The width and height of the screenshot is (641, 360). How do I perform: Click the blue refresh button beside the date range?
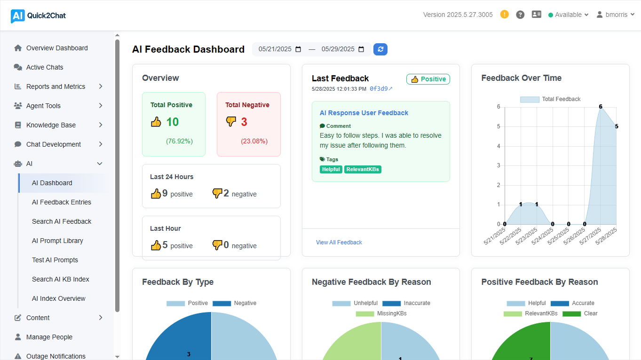pos(380,49)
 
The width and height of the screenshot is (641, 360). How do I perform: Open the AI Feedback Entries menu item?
pos(62,202)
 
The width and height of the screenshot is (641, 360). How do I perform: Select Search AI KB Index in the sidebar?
pos(61,279)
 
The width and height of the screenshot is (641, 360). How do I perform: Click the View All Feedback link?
pos(339,243)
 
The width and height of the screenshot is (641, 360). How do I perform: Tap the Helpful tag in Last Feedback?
pos(331,169)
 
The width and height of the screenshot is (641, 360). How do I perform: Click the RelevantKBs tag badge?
pos(363,169)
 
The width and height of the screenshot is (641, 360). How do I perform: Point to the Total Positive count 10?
pos(172,122)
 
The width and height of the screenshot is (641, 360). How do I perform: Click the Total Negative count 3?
pos(244,122)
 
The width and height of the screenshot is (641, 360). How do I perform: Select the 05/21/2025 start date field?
pos(275,49)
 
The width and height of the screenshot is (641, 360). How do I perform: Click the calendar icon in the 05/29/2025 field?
pos(361,49)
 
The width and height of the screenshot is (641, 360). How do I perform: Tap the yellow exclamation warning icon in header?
pos(505,15)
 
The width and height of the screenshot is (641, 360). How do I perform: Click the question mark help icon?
pos(520,15)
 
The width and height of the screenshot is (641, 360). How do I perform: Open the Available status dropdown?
pos(569,15)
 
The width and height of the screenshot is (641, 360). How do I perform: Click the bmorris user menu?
pos(616,15)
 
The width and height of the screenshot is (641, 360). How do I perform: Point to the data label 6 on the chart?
pos(601,107)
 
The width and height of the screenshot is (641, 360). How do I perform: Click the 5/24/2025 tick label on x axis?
pos(545,236)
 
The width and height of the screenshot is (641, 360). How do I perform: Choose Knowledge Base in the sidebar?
pos(51,125)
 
